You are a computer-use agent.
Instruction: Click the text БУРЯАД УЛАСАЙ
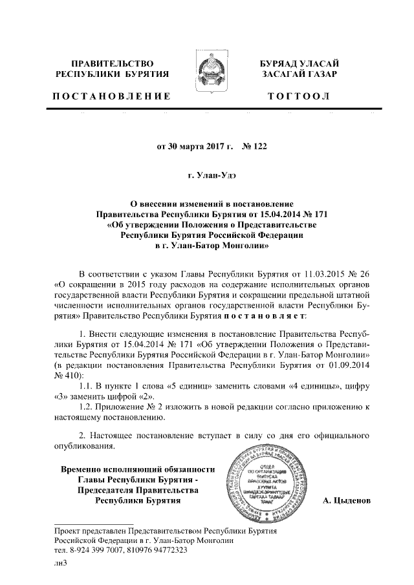(x=300, y=63)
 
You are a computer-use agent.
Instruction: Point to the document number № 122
(x=254, y=146)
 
